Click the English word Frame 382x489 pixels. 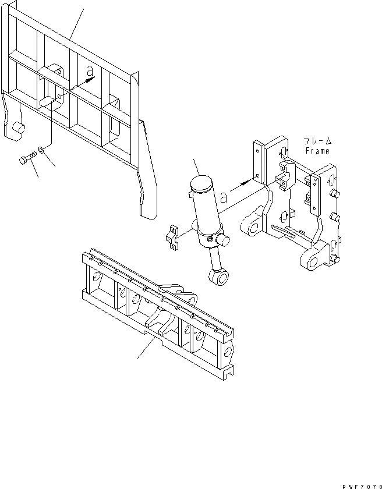317,151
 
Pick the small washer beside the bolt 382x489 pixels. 42,152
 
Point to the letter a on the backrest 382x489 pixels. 90,71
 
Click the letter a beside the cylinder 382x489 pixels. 224,197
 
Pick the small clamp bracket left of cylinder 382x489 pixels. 173,239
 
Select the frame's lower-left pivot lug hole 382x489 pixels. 249,225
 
